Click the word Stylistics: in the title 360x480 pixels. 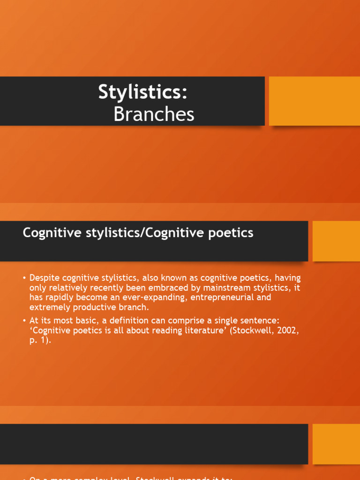coord(142,92)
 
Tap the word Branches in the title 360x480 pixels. coord(154,114)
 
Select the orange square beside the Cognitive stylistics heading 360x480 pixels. coord(336,241)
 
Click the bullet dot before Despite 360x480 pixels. coord(24,278)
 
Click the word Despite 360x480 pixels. coord(44,277)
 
